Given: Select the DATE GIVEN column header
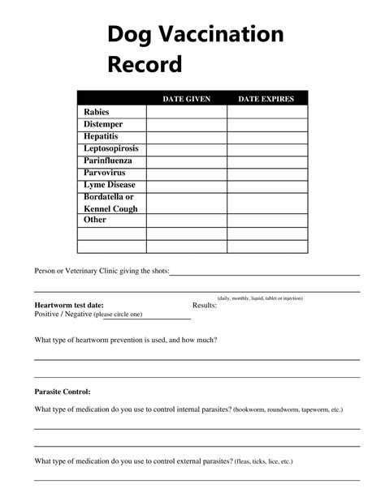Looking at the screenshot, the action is click(186, 99).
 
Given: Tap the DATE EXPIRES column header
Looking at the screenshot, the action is click(266, 99).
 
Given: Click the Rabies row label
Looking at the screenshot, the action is click(96, 112).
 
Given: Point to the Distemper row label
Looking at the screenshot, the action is click(104, 124).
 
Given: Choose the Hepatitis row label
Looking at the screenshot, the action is click(101, 136).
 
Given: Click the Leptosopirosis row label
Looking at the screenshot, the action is click(111, 148).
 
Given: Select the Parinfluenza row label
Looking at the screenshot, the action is click(107, 161).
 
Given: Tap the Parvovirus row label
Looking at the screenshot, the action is click(105, 173).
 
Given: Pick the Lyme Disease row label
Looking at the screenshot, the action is click(110, 185).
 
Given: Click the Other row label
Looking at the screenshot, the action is click(95, 220).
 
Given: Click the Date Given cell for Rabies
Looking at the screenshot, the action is click(186, 112).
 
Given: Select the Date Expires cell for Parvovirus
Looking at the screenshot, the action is click(266, 173).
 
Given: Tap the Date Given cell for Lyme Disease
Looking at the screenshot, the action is click(186, 185).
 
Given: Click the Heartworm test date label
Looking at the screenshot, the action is click(69, 305).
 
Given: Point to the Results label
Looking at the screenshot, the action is click(204, 305).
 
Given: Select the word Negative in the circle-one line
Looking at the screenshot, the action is click(78, 314).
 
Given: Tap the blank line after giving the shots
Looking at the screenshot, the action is click(264, 272).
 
